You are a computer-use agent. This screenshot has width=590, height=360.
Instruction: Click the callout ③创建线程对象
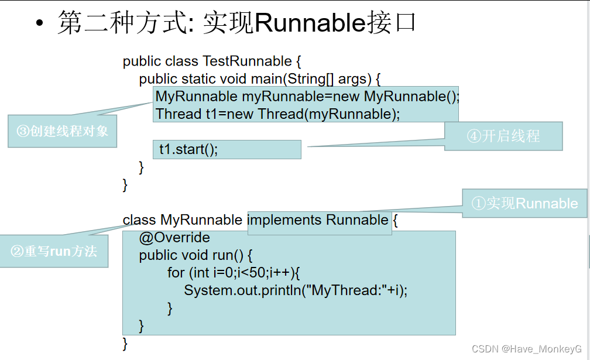point(63,131)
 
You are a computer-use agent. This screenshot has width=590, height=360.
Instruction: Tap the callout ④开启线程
point(503,136)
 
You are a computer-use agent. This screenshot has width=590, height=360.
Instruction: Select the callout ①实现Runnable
point(524,203)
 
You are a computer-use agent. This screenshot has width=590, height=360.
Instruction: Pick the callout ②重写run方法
point(54,251)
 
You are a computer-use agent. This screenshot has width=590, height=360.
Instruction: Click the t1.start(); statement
point(188,149)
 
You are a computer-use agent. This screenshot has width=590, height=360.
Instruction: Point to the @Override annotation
point(174,238)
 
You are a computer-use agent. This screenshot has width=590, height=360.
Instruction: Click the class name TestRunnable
point(247,61)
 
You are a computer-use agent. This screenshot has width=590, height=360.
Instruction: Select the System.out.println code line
point(296,290)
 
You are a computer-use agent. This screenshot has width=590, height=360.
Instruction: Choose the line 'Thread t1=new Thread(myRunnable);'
point(278,114)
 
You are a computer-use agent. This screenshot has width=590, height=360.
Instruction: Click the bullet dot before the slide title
point(39,23)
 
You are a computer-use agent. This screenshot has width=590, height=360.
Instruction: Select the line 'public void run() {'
point(195,255)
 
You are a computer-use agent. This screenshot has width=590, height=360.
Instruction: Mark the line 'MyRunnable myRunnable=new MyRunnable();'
point(307,97)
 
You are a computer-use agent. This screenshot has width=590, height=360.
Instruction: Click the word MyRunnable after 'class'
point(201,220)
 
